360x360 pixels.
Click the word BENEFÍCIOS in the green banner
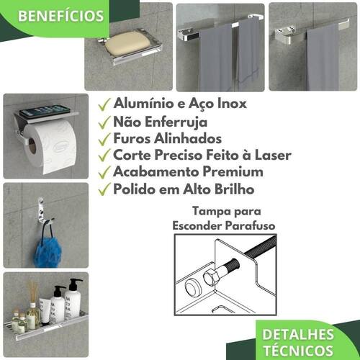click(61, 16)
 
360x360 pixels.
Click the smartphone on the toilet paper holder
click(45, 111)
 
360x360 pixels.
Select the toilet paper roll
click(50, 146)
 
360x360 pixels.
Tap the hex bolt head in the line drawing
click(210, 276)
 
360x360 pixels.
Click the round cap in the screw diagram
click(193, 287)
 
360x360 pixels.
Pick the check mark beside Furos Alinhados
click(104, 140)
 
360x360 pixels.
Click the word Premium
click(233, 172)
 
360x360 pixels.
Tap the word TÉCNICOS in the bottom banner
click(299, 351)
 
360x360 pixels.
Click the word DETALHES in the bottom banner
click(298, 335)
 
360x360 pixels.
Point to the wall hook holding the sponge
click(43, 212)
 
